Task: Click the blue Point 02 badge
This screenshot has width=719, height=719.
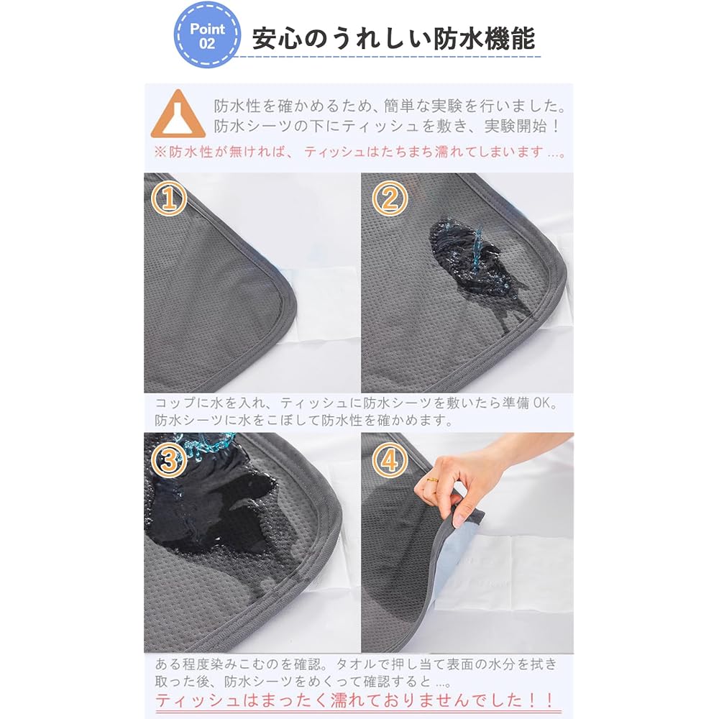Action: (x=208, y=35)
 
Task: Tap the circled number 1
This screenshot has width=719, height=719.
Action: (x=170, y=199)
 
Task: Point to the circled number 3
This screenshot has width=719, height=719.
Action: (x=170, y=461)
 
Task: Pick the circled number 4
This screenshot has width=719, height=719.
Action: (x=389, y=461)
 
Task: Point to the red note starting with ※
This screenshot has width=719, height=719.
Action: (x=359, y=152)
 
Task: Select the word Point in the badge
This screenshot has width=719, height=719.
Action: (x=207, y=29)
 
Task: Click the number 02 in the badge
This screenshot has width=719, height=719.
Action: (x=207, y=43)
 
